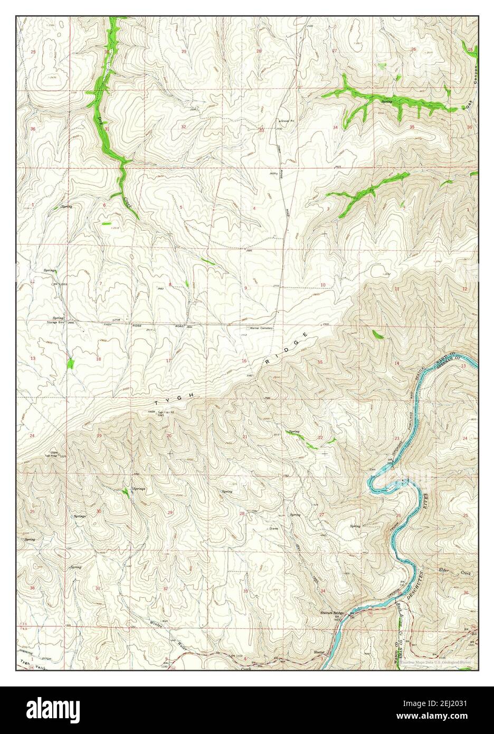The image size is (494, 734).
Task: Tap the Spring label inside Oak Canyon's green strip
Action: pos(387,100)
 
